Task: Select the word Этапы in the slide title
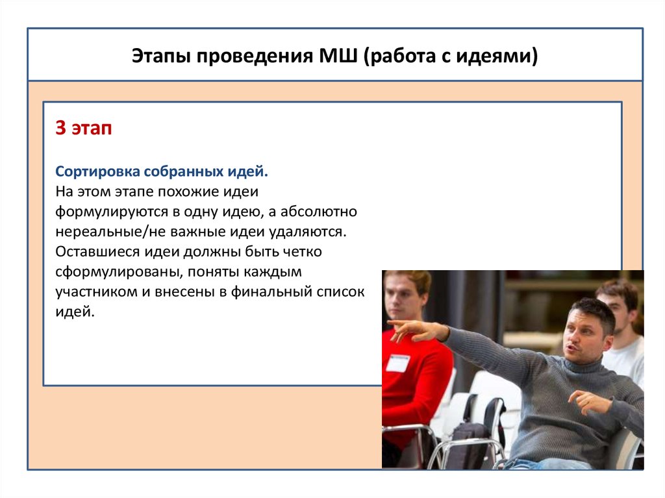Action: coord(160,56)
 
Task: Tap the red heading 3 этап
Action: coord(84,128)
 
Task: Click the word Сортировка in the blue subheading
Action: coord(97,172)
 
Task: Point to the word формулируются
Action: coord(112,212)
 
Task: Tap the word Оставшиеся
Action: coord(97,251)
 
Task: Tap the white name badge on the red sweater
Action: coord(398,363)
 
